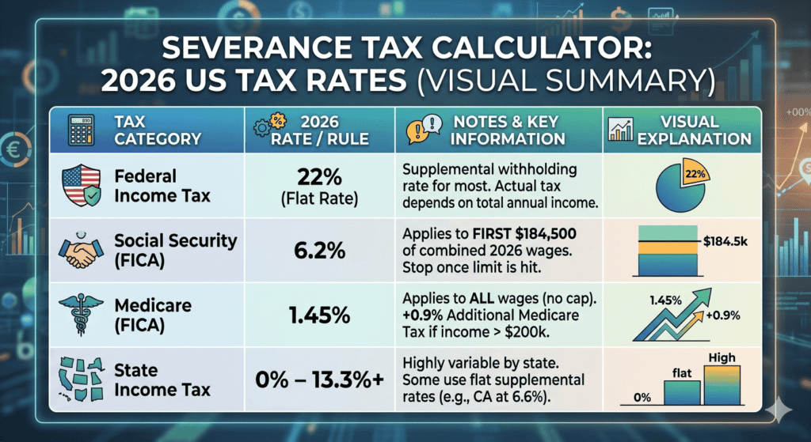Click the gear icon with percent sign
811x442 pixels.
pyautogui.click(x=267, y=130)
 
